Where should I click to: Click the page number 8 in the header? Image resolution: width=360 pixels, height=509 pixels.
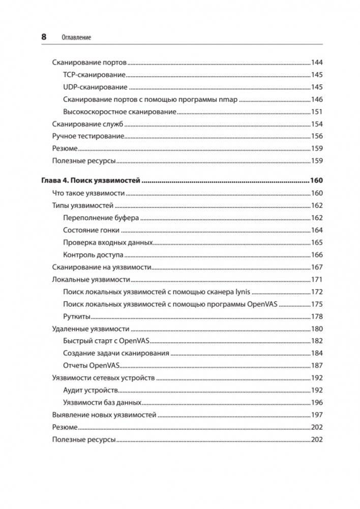click(x=43, y=37)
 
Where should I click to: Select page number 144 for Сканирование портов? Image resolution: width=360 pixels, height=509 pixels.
click(x=317, y=63)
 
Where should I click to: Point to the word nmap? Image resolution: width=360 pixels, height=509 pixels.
click(x=227, y=100)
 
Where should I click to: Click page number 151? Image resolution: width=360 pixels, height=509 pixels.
click(x=317, y=112)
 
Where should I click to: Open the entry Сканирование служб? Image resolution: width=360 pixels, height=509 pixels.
click(x=88, y=124)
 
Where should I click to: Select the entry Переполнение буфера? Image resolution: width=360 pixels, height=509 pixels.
click(x=101, y=218)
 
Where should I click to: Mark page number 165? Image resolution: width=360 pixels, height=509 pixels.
click(x=317, y=243)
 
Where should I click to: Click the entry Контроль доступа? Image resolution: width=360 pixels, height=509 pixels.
click(x=94, y=255)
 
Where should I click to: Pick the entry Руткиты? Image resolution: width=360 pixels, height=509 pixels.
click(x=77, y=316)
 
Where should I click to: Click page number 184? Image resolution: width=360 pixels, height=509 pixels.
click(x=317, y=353)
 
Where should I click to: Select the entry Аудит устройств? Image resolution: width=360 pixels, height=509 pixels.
click(x=91, y=391)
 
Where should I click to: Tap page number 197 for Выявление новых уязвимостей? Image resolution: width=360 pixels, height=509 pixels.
click(x=317, y=415)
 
